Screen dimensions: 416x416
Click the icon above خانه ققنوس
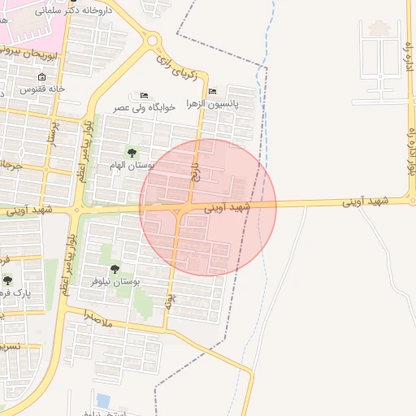click(41, 76)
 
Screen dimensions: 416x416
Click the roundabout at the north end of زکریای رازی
click(152, 40)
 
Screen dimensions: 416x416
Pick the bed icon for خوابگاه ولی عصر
click(145, 96)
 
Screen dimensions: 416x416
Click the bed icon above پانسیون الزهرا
click(212, 91)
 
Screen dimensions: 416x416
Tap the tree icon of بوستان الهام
click(132, 153)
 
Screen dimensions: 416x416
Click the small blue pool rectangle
click(103, 400)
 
